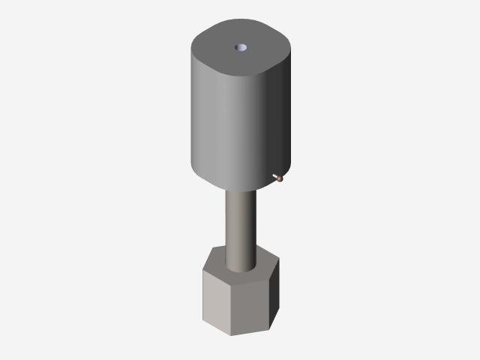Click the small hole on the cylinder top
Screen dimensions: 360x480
click(x=241, y=47)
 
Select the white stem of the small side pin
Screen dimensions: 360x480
click(x=275, y=175)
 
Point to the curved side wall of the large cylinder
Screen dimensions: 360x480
click(x=232, y=127)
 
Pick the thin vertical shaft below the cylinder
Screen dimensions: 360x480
click(x=241, y=225)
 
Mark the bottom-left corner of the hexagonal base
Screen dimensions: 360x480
click(x=203, y=322)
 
